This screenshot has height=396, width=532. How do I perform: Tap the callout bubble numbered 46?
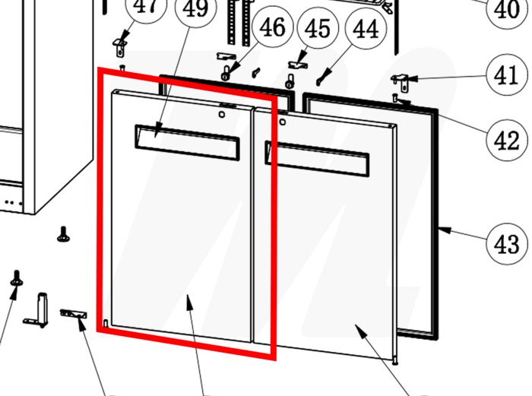tap(272, 29)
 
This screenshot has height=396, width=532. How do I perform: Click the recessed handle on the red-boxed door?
tap(185, 142)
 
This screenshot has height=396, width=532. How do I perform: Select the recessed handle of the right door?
tap(316, 157)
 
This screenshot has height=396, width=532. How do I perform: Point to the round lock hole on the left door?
tap(221, 116)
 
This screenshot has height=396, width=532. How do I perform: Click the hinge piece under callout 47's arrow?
tap(120, 45)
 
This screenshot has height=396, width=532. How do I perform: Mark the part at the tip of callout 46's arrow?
tap(226, 73)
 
